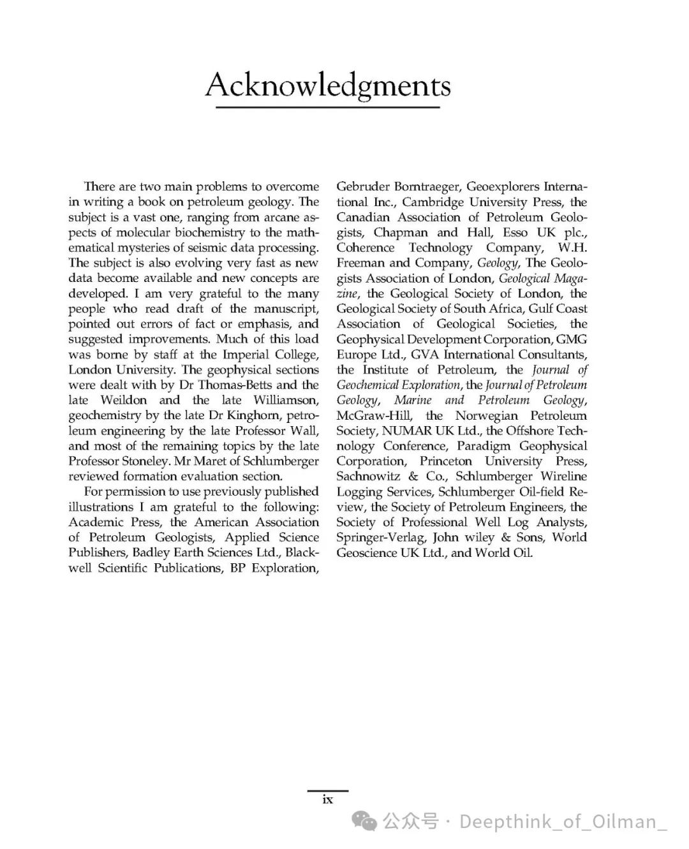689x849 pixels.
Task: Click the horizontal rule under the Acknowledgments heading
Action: click(x=327, y=108)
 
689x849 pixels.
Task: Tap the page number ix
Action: click(x=328, y=799)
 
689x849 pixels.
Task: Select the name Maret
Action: click(x=200, y=461)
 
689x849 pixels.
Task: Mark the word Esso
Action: click(x=515, y=233)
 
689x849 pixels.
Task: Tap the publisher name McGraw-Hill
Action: click(x=374, y=416)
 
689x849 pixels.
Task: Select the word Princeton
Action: click(x=446, y=461)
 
